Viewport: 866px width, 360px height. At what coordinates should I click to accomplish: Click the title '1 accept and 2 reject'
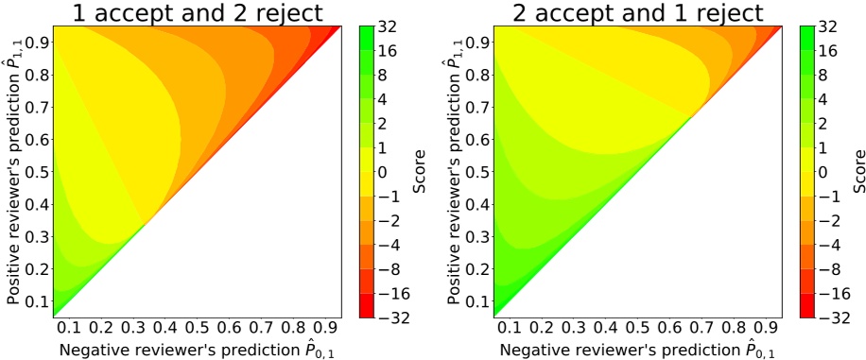click(197, 12)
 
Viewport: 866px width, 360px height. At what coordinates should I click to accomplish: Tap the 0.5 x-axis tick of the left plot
click(197, 329)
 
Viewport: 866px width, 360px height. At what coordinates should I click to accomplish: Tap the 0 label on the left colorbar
click(383, 171)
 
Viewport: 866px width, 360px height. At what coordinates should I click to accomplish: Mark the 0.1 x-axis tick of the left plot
click(69, 329)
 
